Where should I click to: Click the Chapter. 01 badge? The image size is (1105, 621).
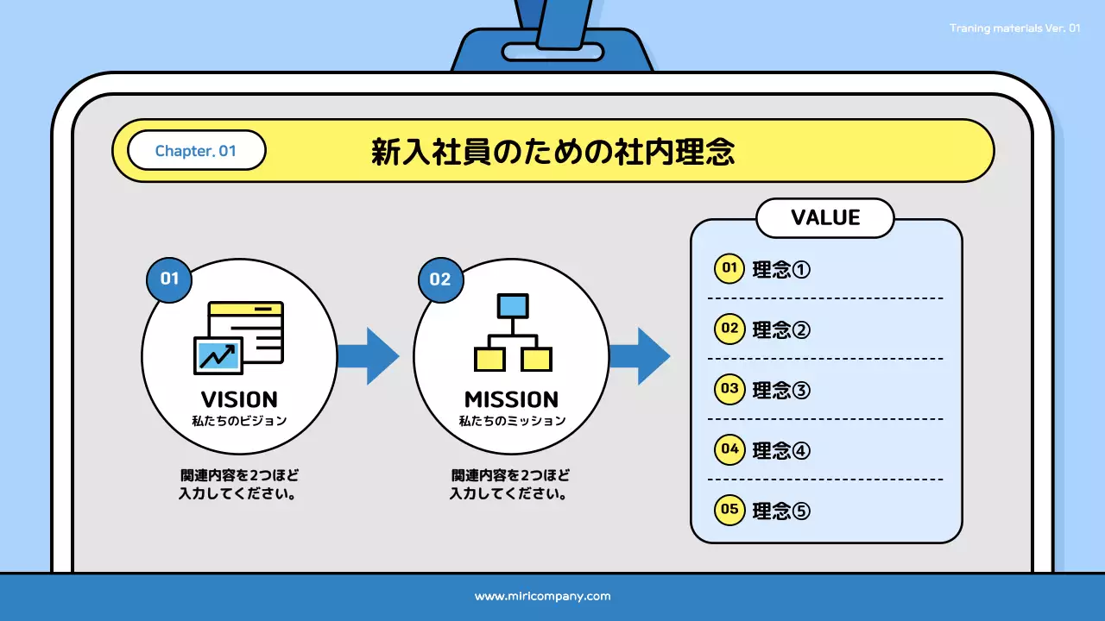[x=196, y=151]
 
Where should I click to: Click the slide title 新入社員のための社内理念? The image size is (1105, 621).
[x=552, y=152]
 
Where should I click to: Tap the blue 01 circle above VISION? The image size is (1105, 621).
[x=169, y=279]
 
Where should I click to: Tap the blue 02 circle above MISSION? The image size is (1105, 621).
[x=440, y=279]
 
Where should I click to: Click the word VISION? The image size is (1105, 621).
[x=239, y=399]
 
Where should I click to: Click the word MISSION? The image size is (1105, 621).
[x=511, y=399]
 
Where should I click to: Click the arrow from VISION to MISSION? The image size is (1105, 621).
[x=369, y=355]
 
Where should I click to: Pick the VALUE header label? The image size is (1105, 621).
[x=825, y=217]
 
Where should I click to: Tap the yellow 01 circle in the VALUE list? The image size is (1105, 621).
[x=729, y=268]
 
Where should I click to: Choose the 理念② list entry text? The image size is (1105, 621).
[x=781, y=329]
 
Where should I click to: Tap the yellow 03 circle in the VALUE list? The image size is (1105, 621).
[x=729, y=389]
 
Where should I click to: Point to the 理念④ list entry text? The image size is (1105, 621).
[x=781, y=450]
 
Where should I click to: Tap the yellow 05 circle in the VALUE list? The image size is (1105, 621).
[x=729, y=510]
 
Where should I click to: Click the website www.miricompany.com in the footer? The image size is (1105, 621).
[x=542, y=596]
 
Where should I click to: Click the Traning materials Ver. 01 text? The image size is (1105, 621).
[x=1014, y=28]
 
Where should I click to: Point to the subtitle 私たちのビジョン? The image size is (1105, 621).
[x=239, y=422]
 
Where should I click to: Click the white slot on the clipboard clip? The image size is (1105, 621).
[x=552, y=52]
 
